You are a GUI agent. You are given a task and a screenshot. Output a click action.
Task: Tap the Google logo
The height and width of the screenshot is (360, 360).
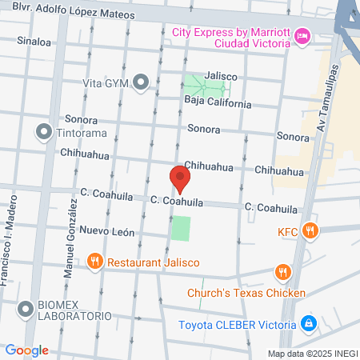tap(26, 350)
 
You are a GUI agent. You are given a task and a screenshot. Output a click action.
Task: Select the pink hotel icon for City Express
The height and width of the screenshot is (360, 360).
tap(302, 35)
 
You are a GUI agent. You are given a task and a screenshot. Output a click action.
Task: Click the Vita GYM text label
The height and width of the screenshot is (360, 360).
tap(106, 82)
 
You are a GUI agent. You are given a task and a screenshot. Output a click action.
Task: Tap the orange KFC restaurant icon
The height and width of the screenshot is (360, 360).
tap(312, 232)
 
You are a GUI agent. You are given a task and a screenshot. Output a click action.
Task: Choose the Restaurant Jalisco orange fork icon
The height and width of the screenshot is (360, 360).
tap(94, 262)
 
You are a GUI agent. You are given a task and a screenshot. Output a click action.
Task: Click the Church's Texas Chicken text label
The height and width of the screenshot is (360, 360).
tap(246, 293)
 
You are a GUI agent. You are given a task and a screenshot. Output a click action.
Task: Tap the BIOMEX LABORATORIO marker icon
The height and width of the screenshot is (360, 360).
tap(26, 307)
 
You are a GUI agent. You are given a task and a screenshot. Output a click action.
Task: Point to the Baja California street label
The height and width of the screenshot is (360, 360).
tap(218, 103)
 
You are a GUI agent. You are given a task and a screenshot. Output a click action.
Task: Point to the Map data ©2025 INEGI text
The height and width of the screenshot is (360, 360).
tap(312, 353)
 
